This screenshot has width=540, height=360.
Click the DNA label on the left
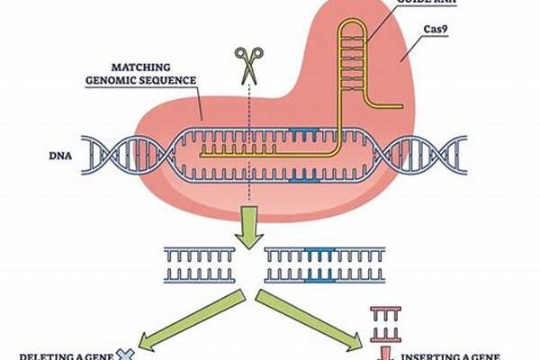pyautogui.click(x=59, y=154)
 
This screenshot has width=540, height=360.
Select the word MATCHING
pyautogui.click(x=148, y=67)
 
